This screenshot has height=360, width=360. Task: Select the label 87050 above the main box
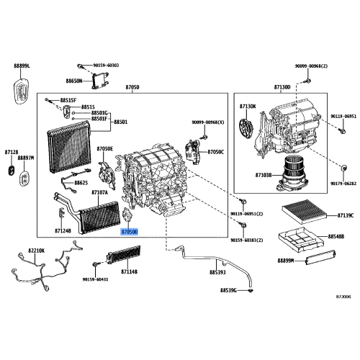pyautogui.click(x=132, y=86)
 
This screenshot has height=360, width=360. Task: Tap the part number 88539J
pyautogui.click(x=217, y=273)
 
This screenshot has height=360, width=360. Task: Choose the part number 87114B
pyautogui.click(x=130, y=273)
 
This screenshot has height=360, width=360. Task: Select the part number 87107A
pyautogui.click(x=99, y=193)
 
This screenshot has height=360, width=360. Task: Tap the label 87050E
pyautogui.click(x=105, y=148)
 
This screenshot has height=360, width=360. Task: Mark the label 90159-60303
pyautogui.click(x=105, y=66)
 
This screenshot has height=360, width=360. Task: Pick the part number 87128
pyautogui.click(x=11, y=152)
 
